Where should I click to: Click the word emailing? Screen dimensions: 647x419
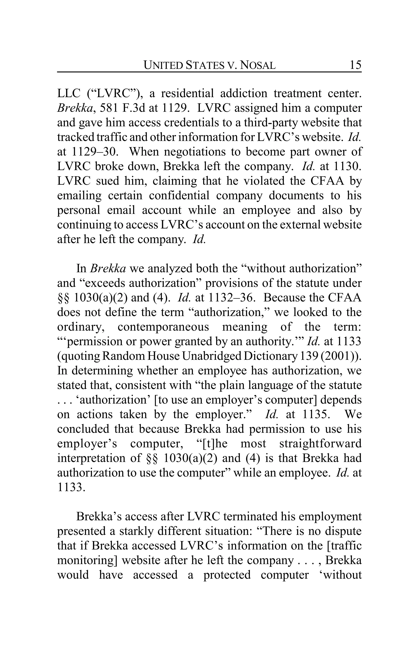[79, 196]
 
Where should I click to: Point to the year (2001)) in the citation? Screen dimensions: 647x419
[341, 356]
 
